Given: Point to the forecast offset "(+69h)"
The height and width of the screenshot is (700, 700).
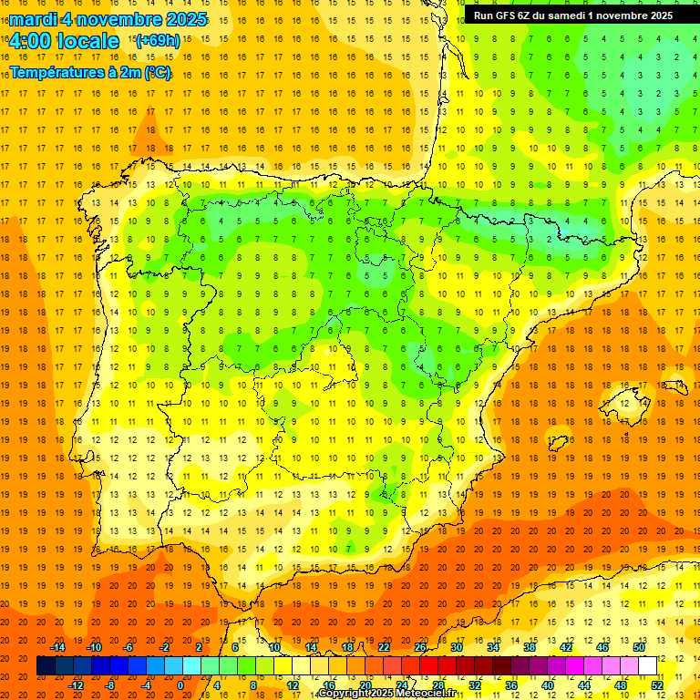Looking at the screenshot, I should point(157,41).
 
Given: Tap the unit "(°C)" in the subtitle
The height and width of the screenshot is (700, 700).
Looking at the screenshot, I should point(157,72).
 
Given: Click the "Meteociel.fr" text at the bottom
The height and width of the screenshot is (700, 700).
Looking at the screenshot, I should point(425,694).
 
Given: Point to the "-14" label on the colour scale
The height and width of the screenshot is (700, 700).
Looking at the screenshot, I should point(58,647).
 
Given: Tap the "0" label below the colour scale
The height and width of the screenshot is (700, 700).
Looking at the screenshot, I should point(180,685).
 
